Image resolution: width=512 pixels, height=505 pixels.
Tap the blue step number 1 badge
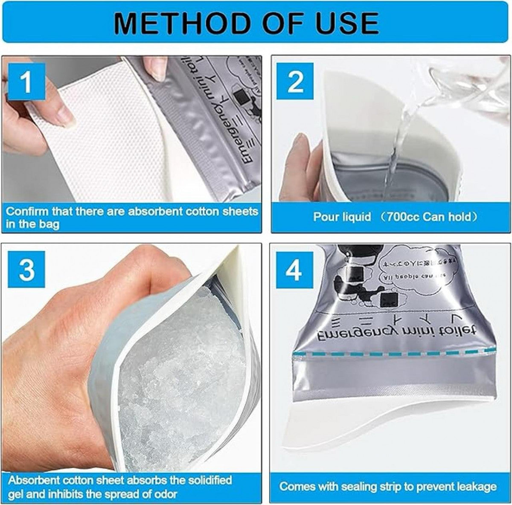pyautogui.click(x=26, y=82)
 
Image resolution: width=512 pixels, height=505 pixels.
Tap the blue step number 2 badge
pyautogui.click(x=295, y=82)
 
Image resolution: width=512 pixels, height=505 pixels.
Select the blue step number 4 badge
pyautogui.click(x=294, y=270)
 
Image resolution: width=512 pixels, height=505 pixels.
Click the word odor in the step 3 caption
pyautogui.click(x=164, y=494)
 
